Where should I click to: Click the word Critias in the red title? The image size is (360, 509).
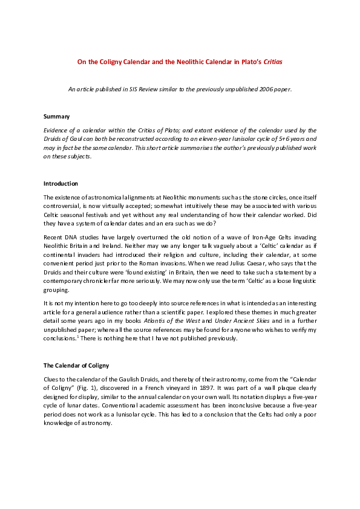click(x=272, y=62)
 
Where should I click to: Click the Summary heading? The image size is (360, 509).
click(x=56, y=115)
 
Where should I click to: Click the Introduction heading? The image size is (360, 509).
click(x=61, y=183)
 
